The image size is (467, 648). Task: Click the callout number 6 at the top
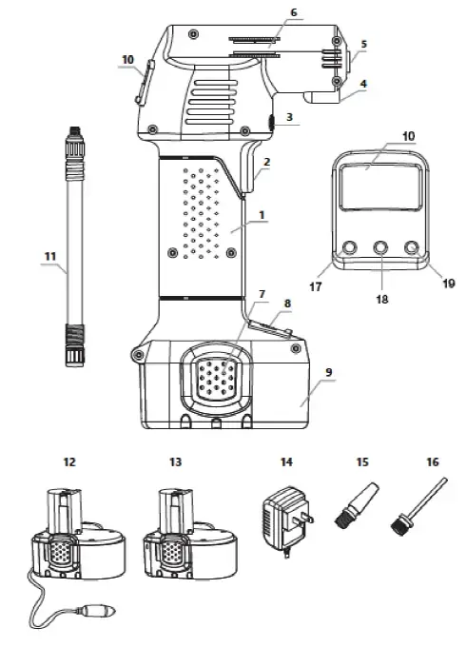[x=294, y=12]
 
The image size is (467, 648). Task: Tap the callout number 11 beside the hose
[x=50, y=256]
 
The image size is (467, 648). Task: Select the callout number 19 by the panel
[x=448, y=284]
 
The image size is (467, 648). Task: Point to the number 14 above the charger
[x=286, y=461]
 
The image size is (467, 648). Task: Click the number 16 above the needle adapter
[x=433, y=461]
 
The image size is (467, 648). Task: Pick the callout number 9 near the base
[x=328, y=372]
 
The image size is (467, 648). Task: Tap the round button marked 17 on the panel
[x=349, y=247]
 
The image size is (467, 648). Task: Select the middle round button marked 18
[x=380, y=247]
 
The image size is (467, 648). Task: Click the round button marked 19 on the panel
[x=412, y=247]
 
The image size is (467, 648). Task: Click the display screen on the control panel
[x=380, y=185]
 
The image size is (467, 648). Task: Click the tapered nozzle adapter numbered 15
[x=356, y=505]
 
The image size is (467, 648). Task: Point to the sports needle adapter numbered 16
[x=418, y=507]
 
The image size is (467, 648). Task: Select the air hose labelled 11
[x=75, y=246]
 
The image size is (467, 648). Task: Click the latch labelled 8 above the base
[x=269, y=328]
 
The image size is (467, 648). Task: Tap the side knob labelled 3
[x=271, y=123]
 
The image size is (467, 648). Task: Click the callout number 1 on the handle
[x=262, y=215]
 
